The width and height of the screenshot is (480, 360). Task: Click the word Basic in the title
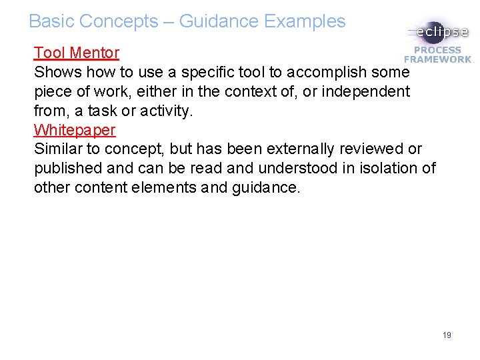[51, 21]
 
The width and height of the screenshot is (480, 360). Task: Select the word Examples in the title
[305, 21]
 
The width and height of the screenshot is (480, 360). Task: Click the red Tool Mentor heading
[77, 53]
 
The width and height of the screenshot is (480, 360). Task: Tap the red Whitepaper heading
[75, 129]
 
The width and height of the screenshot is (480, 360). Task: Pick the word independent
[366, 91]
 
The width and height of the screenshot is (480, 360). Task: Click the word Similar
[59, 149]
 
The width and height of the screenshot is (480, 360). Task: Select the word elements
[167, 187]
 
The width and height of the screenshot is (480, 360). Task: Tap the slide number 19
[447, 335]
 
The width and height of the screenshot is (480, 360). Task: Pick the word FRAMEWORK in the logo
[438, 59]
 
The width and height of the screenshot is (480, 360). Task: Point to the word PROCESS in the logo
[438, 50]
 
